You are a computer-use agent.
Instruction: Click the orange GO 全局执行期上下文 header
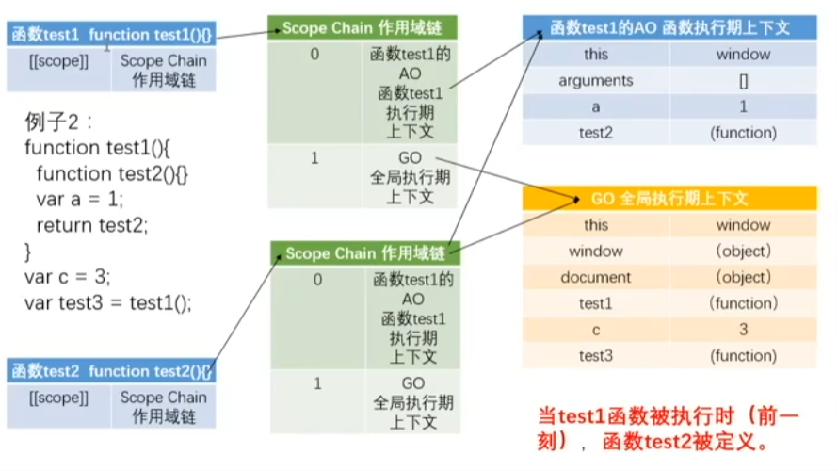669,199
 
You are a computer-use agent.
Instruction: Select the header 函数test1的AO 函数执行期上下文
669,28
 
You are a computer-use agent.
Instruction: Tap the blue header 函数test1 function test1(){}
111,35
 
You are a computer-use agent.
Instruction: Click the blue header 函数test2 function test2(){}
111,370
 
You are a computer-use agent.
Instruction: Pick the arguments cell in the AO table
596,81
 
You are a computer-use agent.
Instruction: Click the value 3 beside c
744,330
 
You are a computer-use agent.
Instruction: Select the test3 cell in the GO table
596,356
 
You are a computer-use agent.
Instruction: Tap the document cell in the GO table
596,277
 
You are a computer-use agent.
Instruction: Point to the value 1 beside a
744,106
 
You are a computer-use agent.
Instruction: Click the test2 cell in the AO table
596,133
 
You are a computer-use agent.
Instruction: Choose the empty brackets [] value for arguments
744,81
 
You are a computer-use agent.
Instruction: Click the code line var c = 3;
68,277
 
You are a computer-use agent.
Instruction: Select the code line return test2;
92,225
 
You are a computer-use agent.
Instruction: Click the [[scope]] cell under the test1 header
58,61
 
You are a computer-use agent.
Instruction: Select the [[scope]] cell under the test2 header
58,398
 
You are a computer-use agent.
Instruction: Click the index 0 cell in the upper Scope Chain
315,54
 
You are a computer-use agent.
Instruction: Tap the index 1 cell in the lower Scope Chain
318,383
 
